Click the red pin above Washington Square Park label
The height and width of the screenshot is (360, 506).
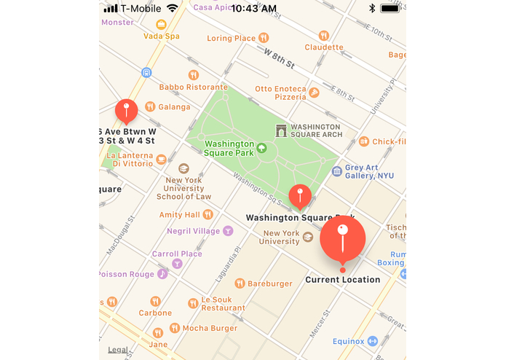(300, 195)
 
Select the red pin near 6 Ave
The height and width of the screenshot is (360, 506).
(126, 111)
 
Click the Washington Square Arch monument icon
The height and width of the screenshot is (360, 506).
(281, 130)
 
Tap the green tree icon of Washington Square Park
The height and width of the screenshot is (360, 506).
(262, 148)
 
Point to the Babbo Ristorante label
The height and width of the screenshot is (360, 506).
(194, 87)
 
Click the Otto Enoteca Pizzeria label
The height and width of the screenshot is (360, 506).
(280, 93)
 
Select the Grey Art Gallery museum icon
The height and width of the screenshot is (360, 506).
(336, 171)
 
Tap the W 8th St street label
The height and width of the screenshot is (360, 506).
(279, 59)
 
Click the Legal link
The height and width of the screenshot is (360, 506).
(118, 350)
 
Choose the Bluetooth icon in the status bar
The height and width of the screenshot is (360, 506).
(371, 8)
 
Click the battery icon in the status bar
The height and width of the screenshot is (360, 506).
(390, 8)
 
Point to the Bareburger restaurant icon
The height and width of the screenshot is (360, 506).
(240, 283)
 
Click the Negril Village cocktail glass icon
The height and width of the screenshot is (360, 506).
(228, 231)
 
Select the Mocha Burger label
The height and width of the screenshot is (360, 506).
(210, 328)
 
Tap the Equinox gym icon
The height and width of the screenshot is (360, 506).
(373, 341)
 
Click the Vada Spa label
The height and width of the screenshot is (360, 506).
(162, 36)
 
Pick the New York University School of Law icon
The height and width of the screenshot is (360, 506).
(183, 168)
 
